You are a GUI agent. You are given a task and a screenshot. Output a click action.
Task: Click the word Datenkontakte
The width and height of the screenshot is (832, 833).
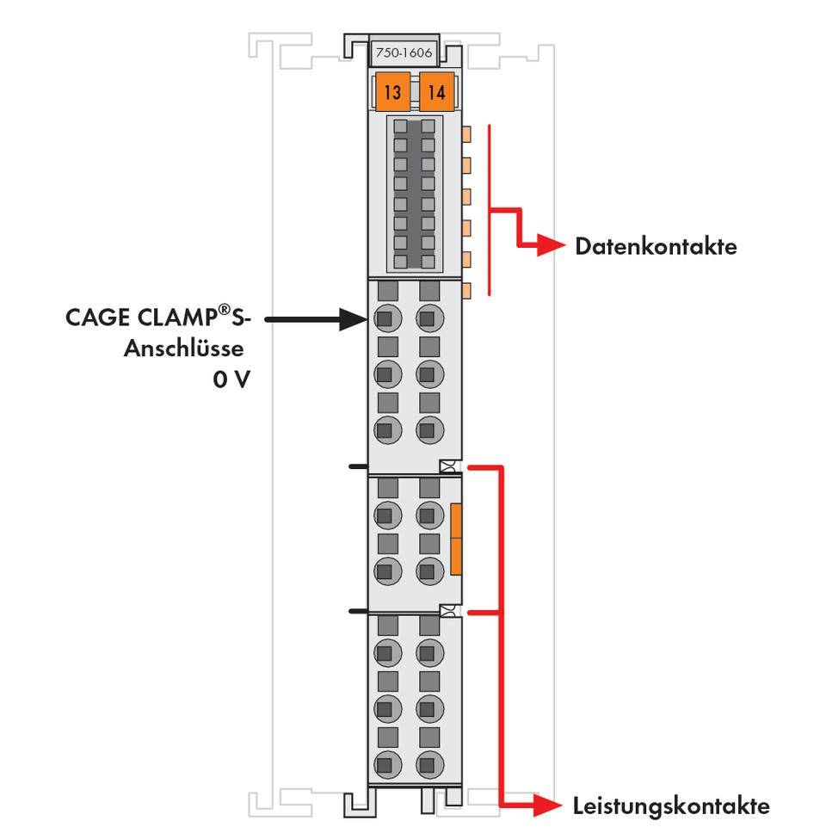click(x=656, y=247)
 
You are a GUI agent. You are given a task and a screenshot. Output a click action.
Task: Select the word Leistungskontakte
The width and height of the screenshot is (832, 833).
click(x=671, y=806)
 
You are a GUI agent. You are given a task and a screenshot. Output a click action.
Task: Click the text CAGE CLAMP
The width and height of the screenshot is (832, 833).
click(x=140, y=318)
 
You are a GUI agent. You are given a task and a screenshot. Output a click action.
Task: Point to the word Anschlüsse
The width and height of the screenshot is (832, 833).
click(x=184, y=349)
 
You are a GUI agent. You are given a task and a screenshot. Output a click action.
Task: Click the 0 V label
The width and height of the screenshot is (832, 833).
click(x=231, y=379)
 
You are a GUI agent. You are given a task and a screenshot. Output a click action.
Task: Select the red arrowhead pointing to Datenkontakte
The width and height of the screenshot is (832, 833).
click(x=549, y=247)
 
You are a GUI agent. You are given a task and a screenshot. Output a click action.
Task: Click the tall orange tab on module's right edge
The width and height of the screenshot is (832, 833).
click(x=456, y=540)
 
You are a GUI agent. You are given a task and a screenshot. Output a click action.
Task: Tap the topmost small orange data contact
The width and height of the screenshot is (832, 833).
click(x=467, y=133)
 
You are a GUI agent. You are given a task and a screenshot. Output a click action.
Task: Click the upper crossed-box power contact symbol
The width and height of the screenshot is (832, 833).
click(x=447, y=467)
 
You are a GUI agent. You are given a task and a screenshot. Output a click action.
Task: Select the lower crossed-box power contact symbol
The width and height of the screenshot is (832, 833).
click(x=447, y=611)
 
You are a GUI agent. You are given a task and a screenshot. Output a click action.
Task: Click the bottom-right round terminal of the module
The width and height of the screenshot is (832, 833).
click(x=428, y=763)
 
